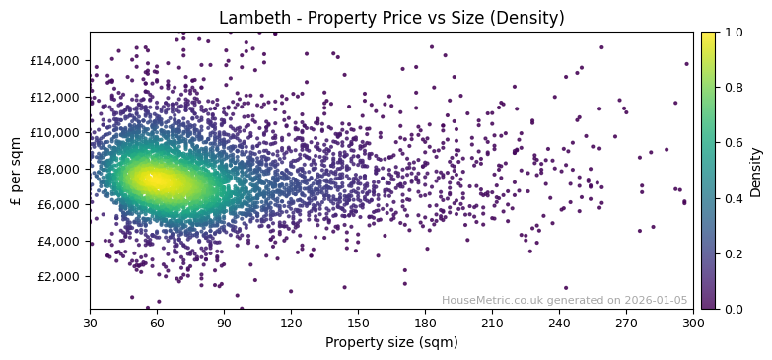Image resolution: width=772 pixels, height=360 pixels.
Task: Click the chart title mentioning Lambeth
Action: click(391, 18)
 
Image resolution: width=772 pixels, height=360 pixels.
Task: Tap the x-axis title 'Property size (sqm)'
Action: click(391, 342)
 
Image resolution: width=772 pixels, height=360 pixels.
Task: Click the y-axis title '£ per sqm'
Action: click(16, 171)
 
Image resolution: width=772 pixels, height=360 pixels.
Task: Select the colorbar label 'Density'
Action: click(756, 171)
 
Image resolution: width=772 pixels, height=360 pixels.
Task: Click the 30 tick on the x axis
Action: click(90, 323)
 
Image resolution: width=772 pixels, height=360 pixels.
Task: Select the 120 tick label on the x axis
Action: click(291, 323)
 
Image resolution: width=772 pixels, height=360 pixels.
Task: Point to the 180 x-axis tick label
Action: click(425, 323)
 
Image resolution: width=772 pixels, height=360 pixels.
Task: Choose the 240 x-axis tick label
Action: click(559, 323)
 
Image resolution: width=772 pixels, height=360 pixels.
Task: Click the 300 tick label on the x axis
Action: click(693, 323)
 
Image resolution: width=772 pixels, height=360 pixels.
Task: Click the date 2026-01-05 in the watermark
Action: click(657, 301)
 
